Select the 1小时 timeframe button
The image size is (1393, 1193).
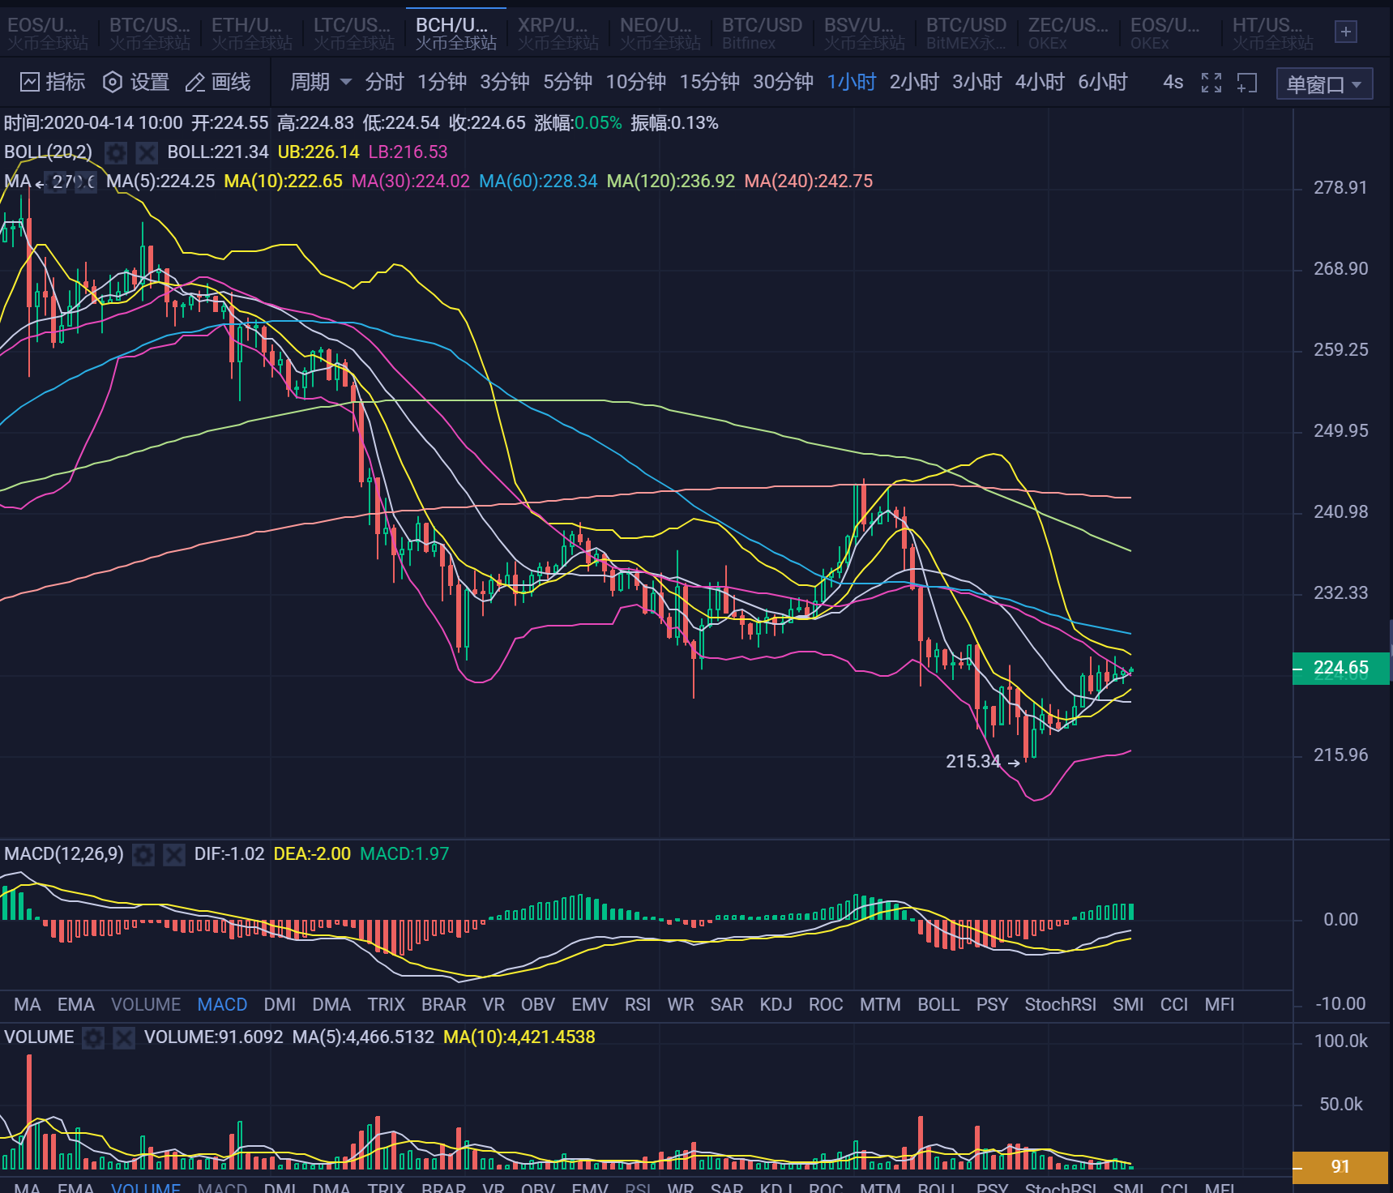pyautogui.click(x=851, y=82)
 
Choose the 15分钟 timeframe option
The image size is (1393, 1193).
pyautogui.click(x=709, y=82)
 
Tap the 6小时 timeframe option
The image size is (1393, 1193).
pyautogui.click(x=1102, y=82)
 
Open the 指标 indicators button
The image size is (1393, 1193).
pyautogui.click(x=53, y=82)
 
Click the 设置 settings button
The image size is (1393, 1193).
pyautogui.click(x=136, y=82)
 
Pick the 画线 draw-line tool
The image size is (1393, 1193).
pyautogui.click(x=218, y=82)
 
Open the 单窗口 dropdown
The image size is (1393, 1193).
pyautogui.click(x=1323, y=83)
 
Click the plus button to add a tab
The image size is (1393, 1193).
pyautogui.click(x=1345, y=32)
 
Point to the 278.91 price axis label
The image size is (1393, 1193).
pyautogui.click(x=1340, y=188)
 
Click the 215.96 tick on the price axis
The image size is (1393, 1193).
pyautogui.click(x=1340, y=755)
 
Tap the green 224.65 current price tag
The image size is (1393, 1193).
pyautogui.click(x=1340, y=668)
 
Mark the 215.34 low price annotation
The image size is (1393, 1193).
pyautogui.click(x=972, y=762)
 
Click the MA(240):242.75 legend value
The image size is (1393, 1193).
pyautogui.click(x=808, y=182)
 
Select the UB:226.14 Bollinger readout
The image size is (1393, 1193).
pyautogui.click(x=318, y=152)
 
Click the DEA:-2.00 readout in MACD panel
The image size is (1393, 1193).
pyautogui.click(x=312, y=854)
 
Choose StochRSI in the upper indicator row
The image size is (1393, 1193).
pyautogui.click(x=1060, y=1005)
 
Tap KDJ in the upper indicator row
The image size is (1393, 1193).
pyautogui.click(x=776, y=1005)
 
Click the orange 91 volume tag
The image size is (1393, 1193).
pyautogui.click(x=1340, y=1167)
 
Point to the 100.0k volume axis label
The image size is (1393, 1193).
pyautogui.click(x=1340, y=1041)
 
